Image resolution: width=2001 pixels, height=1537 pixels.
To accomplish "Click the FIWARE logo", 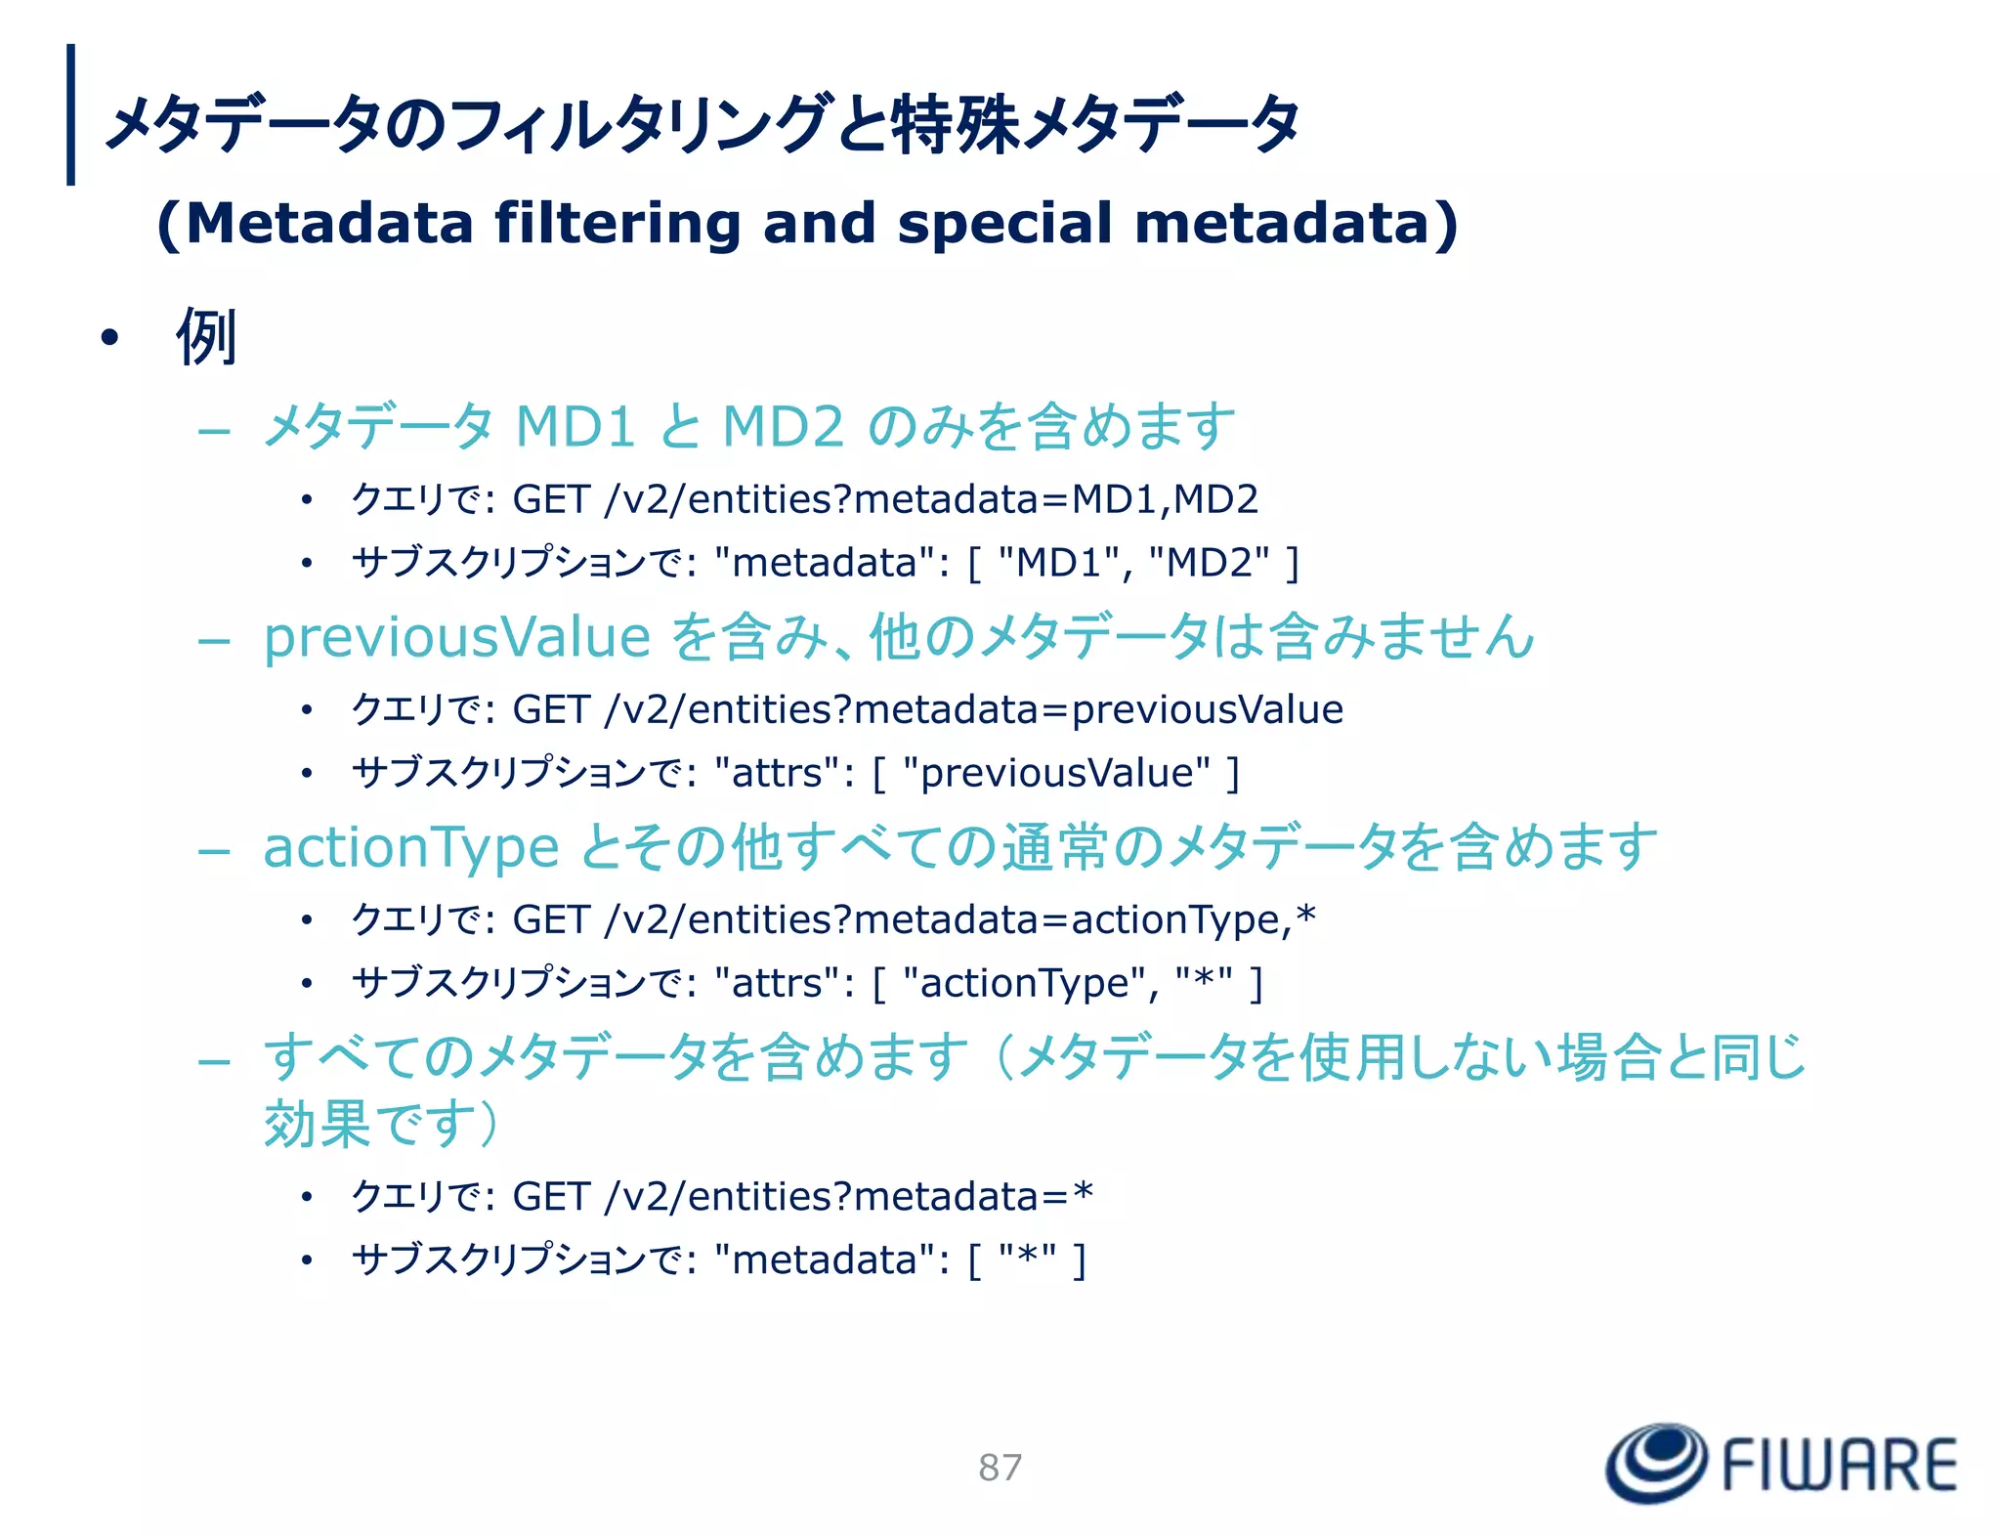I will click(1780, 1463).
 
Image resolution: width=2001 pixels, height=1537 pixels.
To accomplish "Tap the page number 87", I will click(1000, 1468).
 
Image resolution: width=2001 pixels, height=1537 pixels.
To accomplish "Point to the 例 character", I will click(206, 337).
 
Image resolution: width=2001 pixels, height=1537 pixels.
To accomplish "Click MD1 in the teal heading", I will click(575, 426).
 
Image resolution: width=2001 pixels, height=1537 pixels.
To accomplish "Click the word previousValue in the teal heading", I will click(457, 637).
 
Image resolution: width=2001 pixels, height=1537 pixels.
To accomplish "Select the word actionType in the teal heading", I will click(410, 847).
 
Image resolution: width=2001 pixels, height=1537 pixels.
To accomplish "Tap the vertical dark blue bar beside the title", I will click(70, 114).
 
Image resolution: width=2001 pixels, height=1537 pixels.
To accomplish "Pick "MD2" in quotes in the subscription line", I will click(1210, 563).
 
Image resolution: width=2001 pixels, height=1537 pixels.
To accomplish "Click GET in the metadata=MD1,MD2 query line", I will click(551, 499).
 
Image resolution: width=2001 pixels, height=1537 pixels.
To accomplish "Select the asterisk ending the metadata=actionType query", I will click(1305, 917).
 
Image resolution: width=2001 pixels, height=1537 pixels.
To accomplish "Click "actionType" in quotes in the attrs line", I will click(1025, 983).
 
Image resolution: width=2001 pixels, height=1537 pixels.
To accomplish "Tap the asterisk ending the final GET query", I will click(1083, 1193).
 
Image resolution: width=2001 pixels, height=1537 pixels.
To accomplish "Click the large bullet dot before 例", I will click(109, 338).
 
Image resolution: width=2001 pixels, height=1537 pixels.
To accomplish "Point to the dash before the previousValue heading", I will click(213, 641).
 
